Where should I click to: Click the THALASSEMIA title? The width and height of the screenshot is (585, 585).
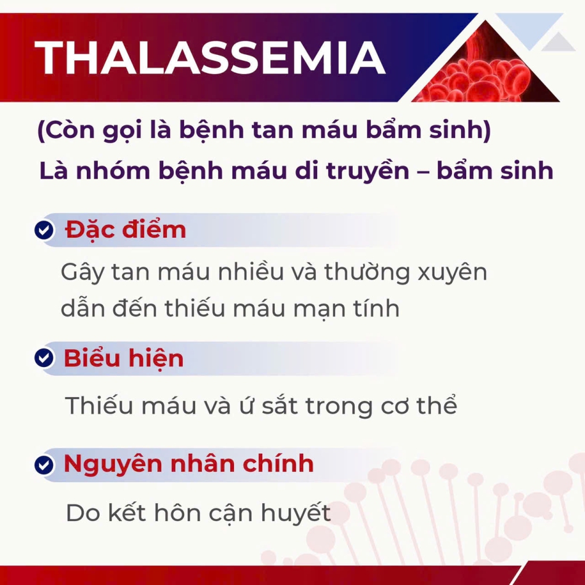pyautogui.click(x=209, y=57)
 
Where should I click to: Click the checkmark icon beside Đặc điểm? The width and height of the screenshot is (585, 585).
pyautogui.click(x=44, y=230)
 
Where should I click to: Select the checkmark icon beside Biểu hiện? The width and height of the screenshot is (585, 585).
pyautogui.click(x=44, y=358)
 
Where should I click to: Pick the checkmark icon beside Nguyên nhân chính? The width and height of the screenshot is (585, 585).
pyautogui.click(x=44, y=465)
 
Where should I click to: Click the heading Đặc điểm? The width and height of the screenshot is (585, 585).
pyautogui.click(x=126, y=230)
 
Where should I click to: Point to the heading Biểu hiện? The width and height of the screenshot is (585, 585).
pyautogui.click(x=124, y=358)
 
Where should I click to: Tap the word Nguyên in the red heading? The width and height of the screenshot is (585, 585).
pyautogui.click(x=113, y=464)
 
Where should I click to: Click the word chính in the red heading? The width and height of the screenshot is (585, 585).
pyautogui.click(x=278, y=464)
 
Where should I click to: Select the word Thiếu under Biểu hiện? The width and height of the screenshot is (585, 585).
pyautogui.click(x=99, y=406)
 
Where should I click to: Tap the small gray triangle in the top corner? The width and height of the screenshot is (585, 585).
pyautogui.click(x=558, y=42)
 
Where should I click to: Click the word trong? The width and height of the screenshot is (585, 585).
pyautogui.click(x=339, y=406)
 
